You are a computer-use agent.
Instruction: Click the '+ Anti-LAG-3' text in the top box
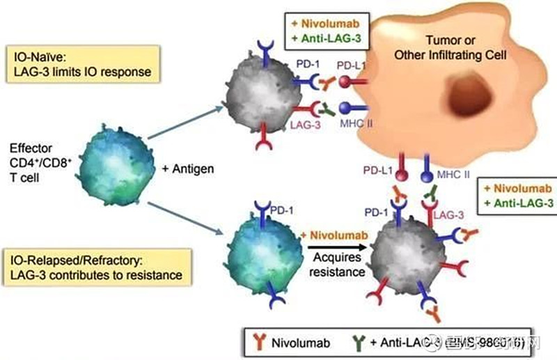click(x=326, y=38)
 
